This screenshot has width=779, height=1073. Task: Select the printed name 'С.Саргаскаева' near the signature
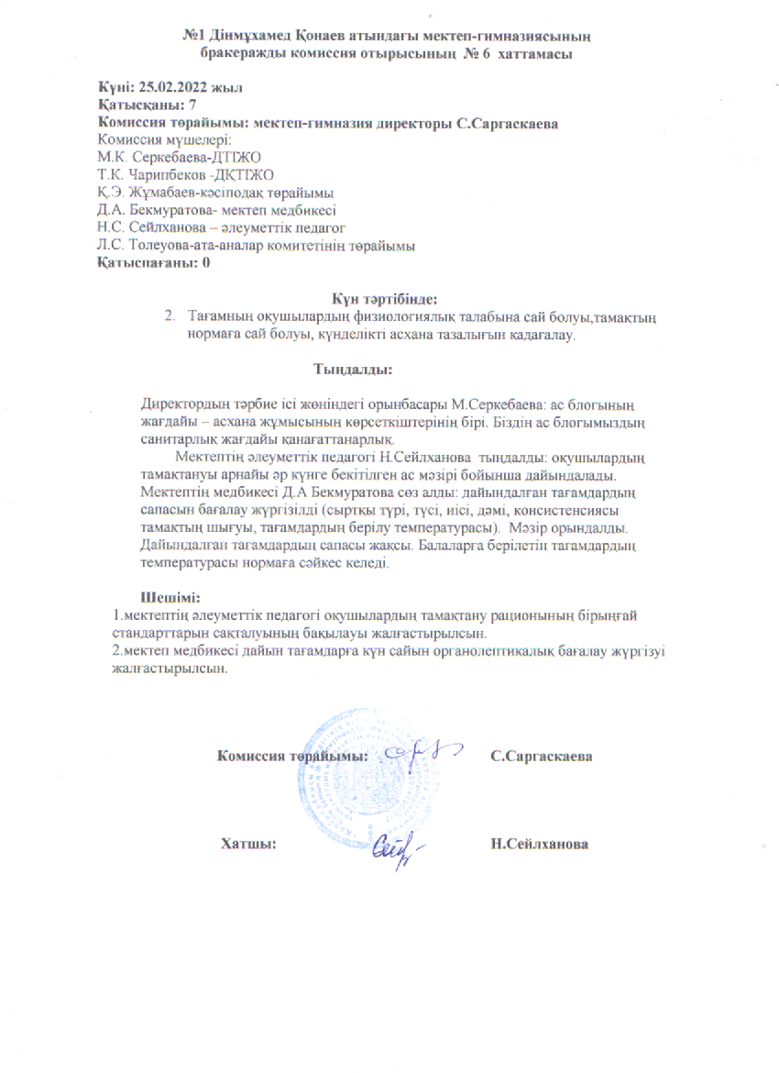(541, 758)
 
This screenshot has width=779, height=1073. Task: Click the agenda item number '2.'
(170, 315)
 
